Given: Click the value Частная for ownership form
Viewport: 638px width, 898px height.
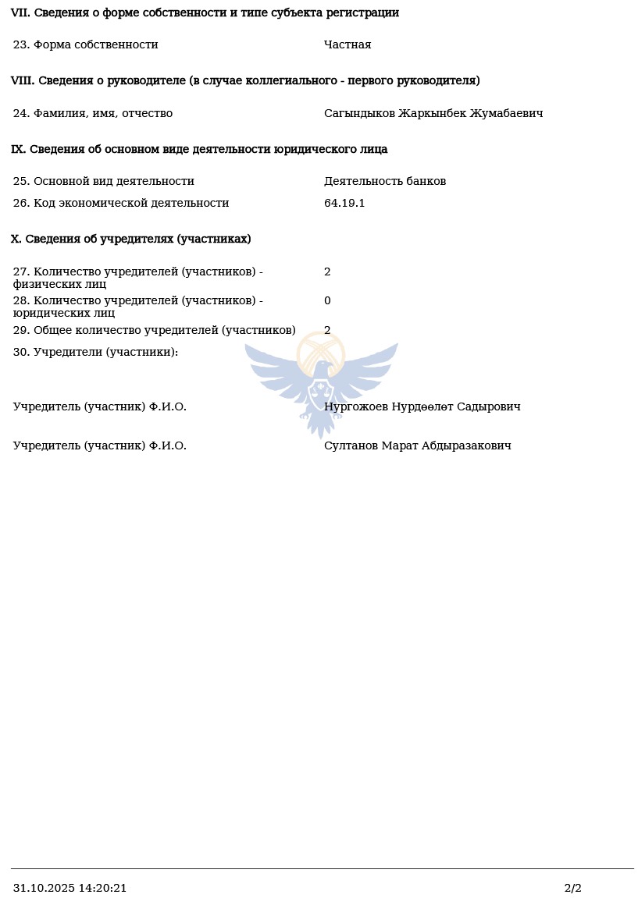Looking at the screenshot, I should (348, 44).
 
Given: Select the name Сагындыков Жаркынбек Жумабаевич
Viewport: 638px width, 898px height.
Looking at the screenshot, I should (433, 113).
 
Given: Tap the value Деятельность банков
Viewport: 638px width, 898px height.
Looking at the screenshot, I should (385, 181).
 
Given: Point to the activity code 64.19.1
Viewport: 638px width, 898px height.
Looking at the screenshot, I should (344, 203).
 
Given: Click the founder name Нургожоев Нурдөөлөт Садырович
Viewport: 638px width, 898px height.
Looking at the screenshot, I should (422, 406).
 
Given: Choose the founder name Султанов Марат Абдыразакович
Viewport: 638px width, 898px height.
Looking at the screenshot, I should (417, 445).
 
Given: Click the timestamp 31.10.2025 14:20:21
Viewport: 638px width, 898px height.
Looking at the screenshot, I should (70, 888).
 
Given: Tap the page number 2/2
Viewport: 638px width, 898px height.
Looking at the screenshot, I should (572, 888).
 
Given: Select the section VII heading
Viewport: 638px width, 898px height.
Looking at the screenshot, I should (205, 12).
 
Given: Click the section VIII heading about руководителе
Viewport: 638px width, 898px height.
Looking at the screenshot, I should (245, 80).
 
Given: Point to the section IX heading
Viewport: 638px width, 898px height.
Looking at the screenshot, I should (199, 149).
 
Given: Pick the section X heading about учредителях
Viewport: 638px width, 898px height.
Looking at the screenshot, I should (130, 239).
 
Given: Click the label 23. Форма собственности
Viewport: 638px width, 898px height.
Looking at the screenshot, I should (85, 44).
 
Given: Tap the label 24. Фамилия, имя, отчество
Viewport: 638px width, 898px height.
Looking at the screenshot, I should (92, 113).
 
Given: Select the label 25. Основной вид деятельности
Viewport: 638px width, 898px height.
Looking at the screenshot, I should (103, 181).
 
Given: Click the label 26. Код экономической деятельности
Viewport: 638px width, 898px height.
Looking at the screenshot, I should (121, 203).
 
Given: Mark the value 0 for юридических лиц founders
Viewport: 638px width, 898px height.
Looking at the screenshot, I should (327, 300).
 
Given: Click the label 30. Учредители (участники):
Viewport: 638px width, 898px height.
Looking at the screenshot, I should (95, 352).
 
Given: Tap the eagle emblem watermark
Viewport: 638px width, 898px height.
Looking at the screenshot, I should (321, 382).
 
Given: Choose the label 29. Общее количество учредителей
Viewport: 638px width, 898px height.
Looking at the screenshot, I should (154, 330).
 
